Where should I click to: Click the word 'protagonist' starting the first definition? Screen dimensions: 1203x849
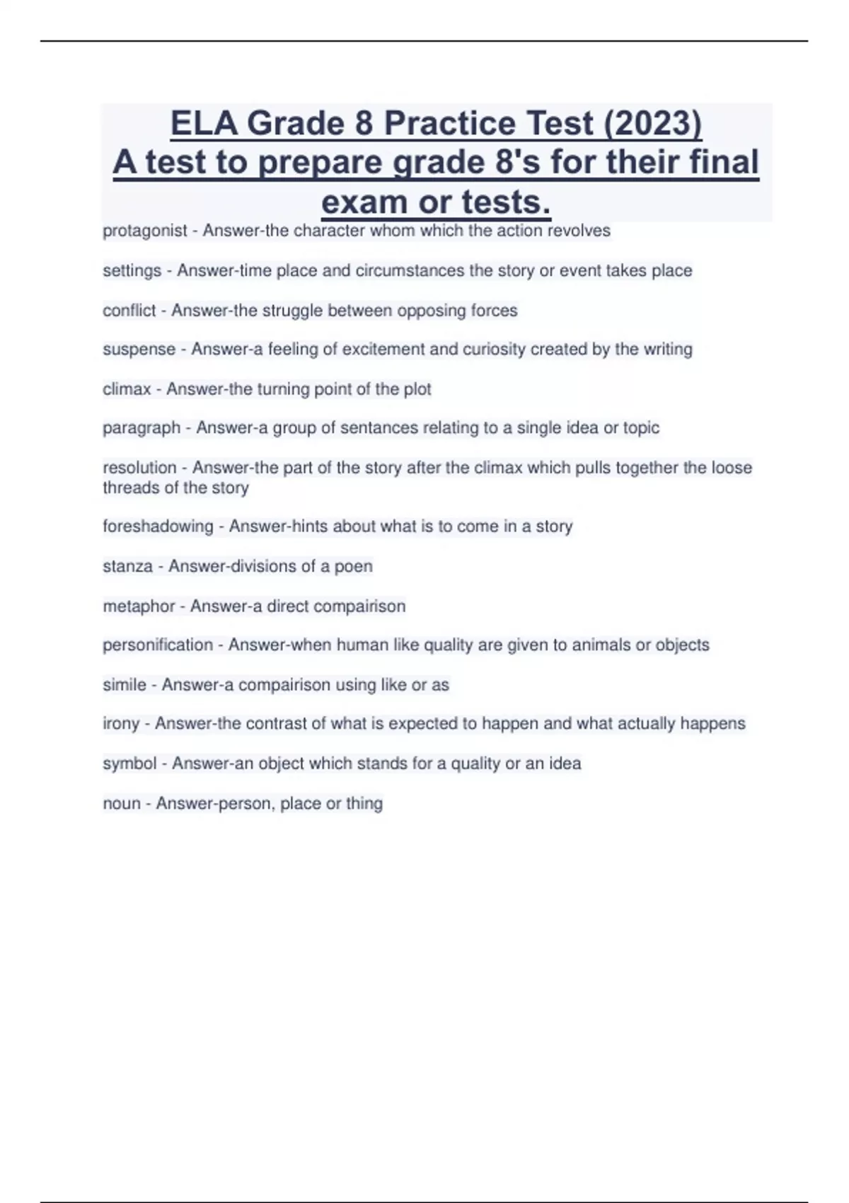145,231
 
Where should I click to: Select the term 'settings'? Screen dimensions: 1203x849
132,271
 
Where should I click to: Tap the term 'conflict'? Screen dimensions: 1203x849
129,311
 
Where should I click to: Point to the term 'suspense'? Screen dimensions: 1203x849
139,350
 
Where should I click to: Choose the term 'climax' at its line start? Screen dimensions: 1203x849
127,389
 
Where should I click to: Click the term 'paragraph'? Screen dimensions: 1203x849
141,428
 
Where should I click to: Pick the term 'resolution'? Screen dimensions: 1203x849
139,468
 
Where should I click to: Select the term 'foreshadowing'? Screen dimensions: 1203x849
158,526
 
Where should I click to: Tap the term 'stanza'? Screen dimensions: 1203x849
127,566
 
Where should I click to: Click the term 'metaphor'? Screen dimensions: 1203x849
139,606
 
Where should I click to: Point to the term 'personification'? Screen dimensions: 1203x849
158,645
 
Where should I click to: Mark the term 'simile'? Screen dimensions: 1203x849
125,685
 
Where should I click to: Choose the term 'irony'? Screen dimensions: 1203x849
121,724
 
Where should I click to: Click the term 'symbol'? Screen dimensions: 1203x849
129,764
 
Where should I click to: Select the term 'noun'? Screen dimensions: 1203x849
122,804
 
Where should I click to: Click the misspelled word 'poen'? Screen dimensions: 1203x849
356,566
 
